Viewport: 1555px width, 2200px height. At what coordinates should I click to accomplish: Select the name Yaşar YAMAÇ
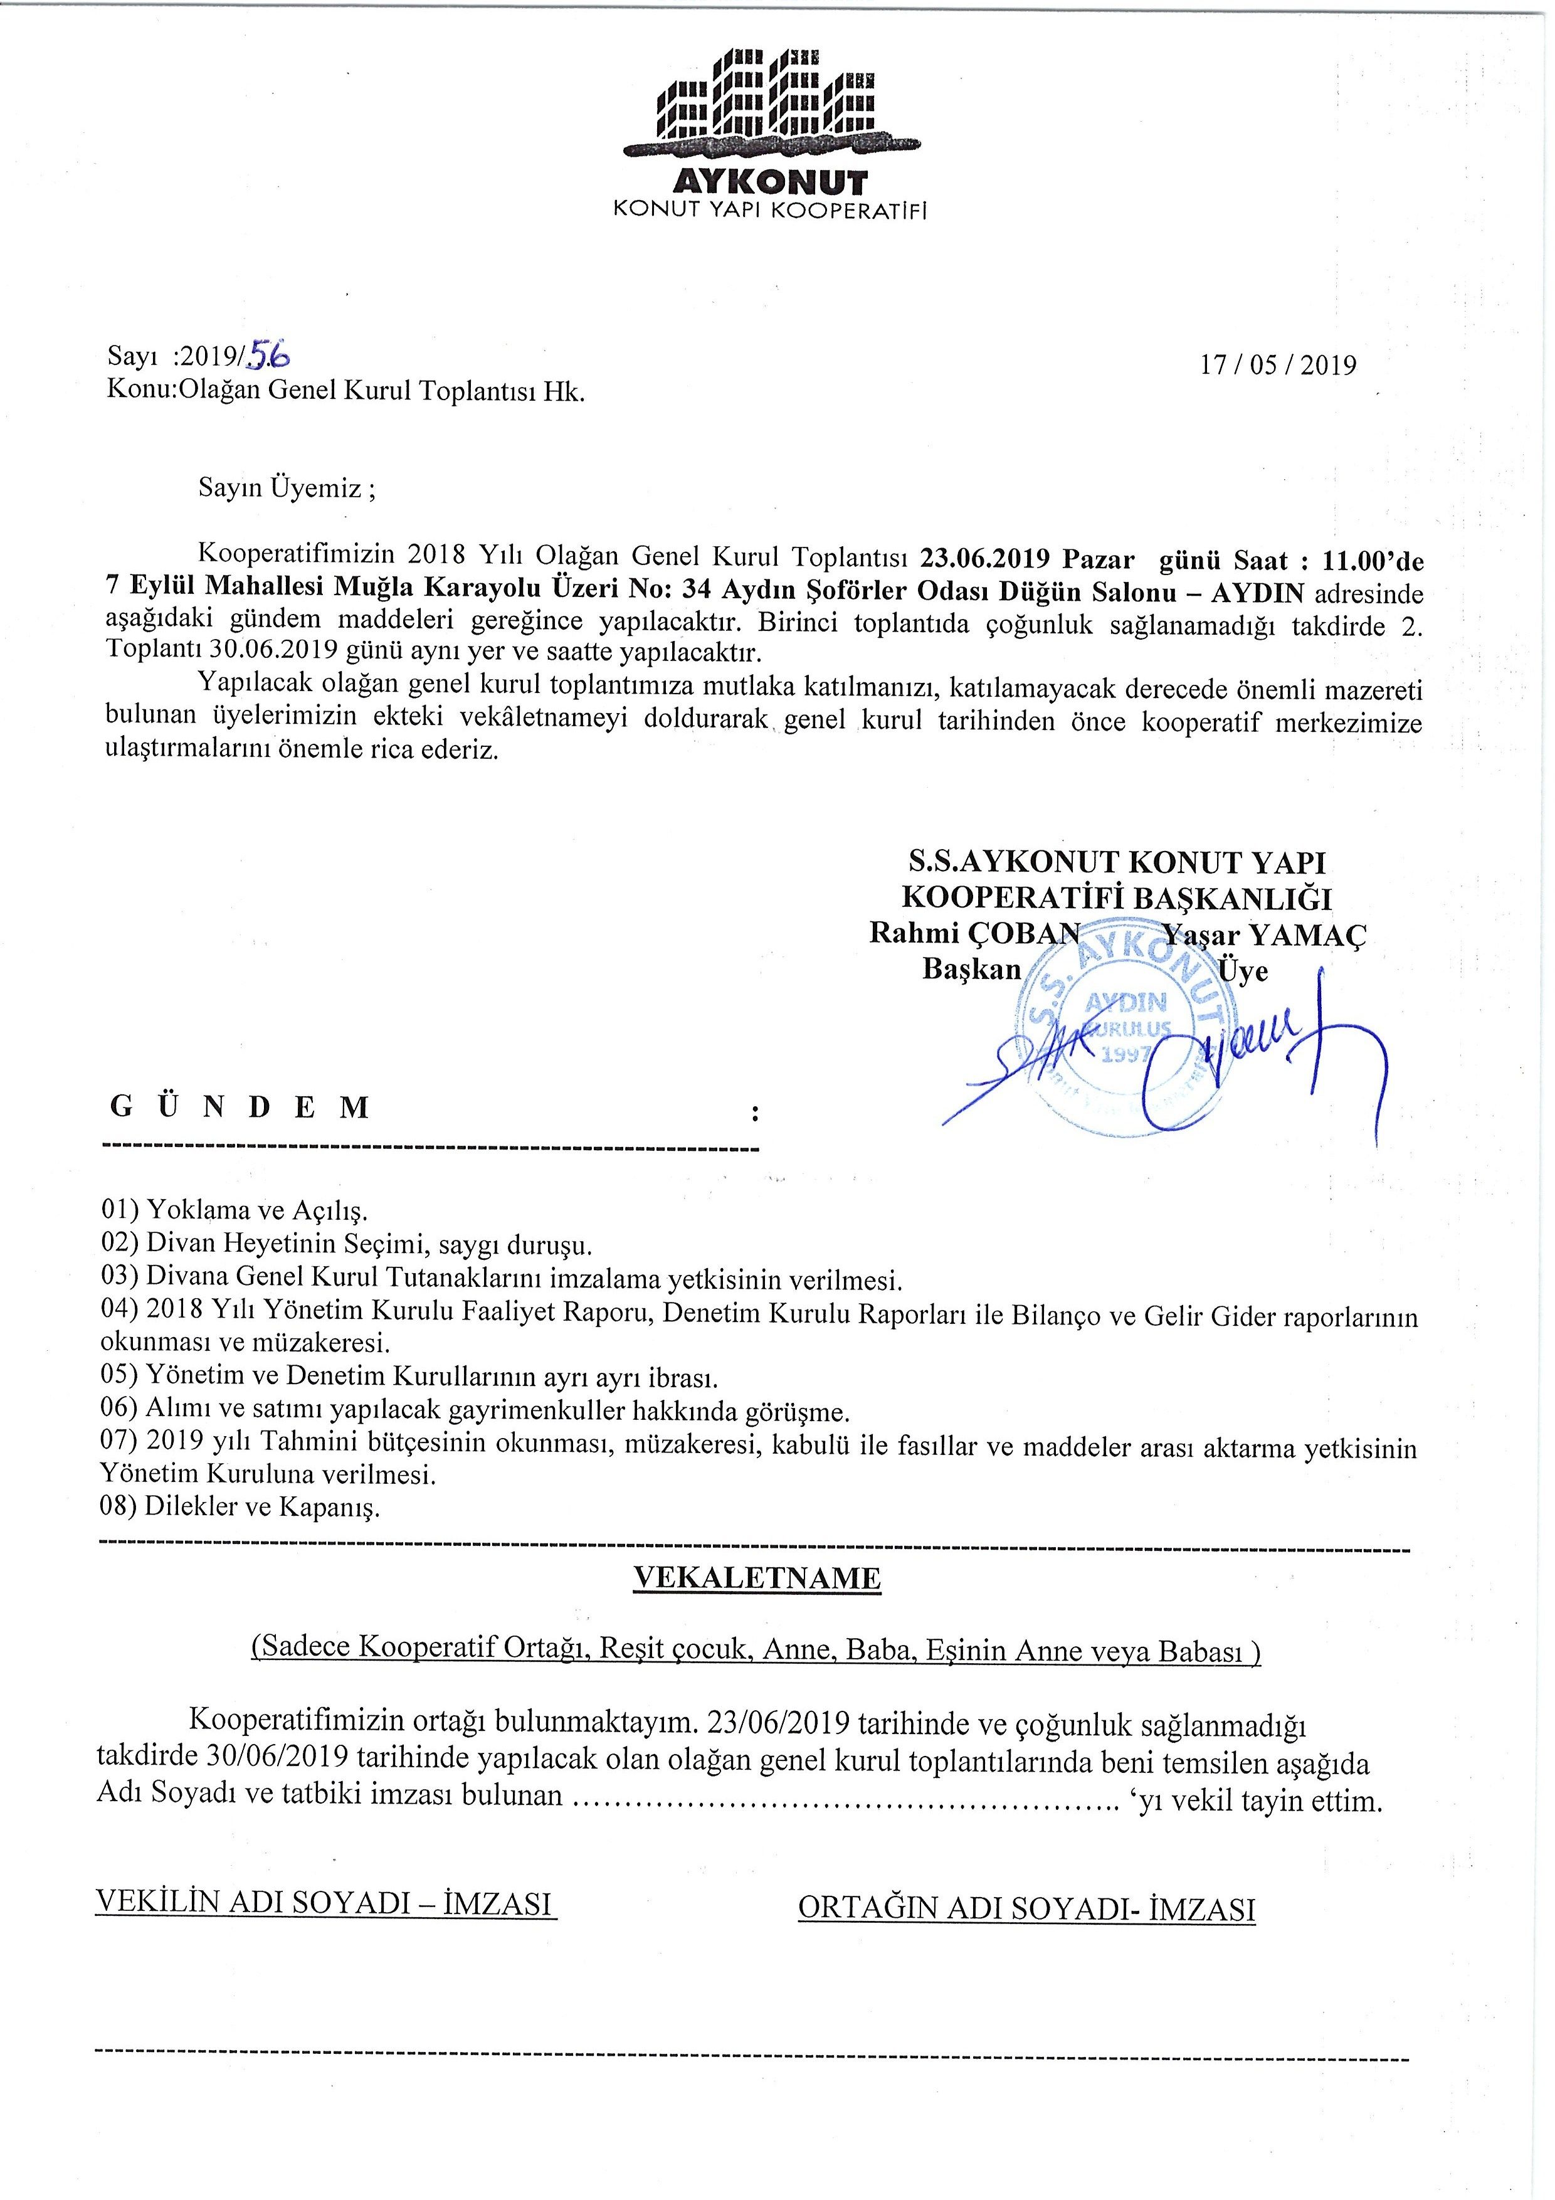pos(1265,934)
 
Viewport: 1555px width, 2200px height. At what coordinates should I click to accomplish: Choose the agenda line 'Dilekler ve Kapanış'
pos(263,1507)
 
